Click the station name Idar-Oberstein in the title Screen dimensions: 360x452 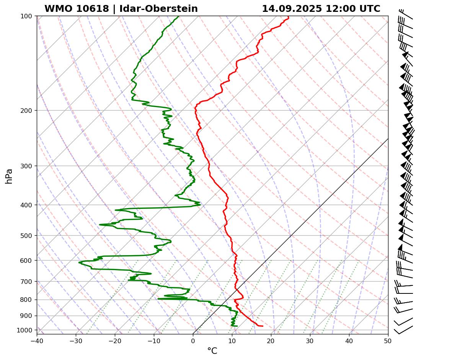pyautogui.click(x=158, y=9)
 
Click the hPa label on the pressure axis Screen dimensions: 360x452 pyautogui.click(x=9, y=176)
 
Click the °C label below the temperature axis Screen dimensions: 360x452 pyautogui.click(x=212, y=351)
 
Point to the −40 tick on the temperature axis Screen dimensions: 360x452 pyautogui.click(x=37, y=340)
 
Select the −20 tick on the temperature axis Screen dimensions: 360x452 pyautogui.click(x=115, y=340)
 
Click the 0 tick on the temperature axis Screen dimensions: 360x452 pyautogui.click(x=193, y=340)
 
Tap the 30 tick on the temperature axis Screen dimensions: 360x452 pyautogui.click(x=310, y=340)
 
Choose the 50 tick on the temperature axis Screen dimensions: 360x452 pyautogui.click(x=388, y=340)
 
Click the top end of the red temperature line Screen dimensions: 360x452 pyautogui.click(x=289, y=16)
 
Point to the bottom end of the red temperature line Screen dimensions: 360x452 pyautogui.click(x=263, y=326)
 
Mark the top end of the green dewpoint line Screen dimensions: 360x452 pyautogui.click(x=178, y=16)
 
